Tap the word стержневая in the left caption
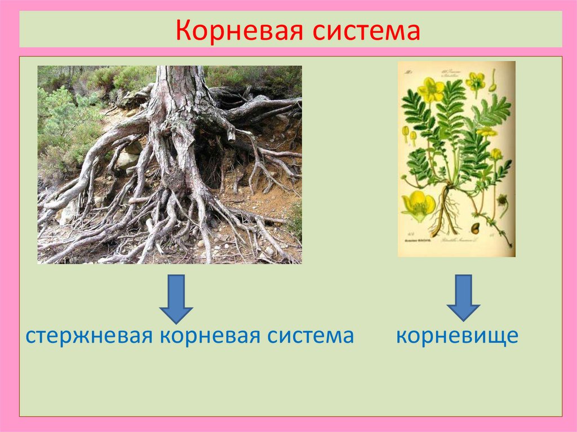[89, 336]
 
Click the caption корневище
[456, 336]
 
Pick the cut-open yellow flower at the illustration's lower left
[418, 205]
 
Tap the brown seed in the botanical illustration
[475, 228]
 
